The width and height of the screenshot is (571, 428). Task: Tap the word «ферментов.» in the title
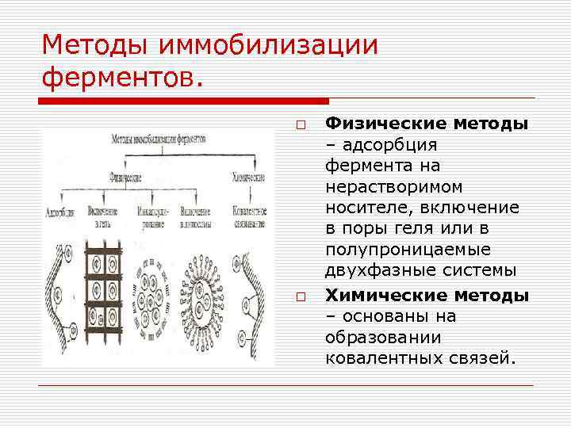click(122, 78)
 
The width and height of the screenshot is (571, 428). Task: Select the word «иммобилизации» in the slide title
click(270, 45)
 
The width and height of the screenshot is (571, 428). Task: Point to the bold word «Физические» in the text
click(386, 124)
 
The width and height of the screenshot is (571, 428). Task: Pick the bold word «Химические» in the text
click(386, 296)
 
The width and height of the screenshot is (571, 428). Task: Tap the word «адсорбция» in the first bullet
click(392, 146)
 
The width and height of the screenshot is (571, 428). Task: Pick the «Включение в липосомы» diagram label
click(195, 217)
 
